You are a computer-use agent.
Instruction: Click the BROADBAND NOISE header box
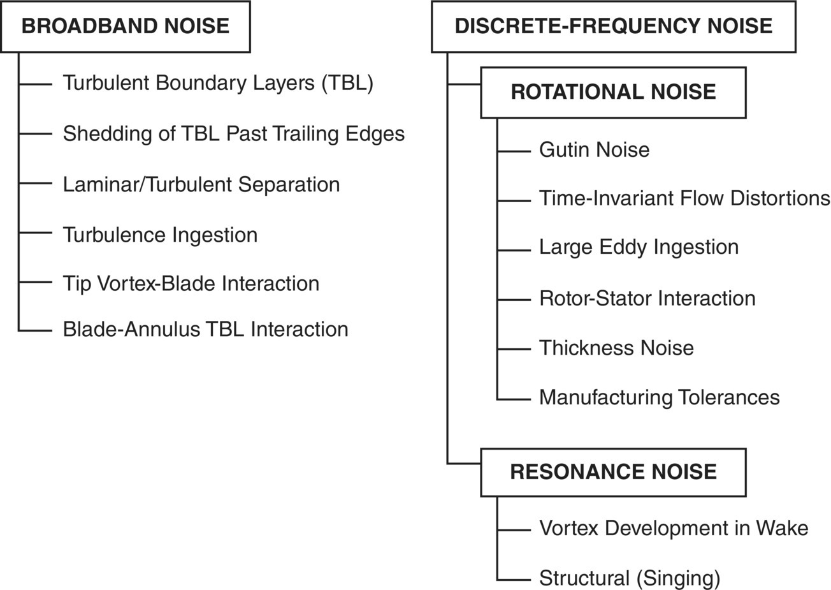tap(125, 26)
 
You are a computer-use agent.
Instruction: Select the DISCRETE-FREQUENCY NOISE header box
tap(613, 26)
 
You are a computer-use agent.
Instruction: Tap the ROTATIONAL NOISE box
tap(613, 92)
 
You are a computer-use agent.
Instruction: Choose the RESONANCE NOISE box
tap(613, 472)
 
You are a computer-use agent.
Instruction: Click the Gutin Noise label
tap(594, 150)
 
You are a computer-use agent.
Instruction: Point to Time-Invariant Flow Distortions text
tap(684, 198)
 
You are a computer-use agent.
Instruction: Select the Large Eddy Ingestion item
tap(639, 247)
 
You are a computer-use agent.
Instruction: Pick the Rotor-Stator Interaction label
tap(647, 299)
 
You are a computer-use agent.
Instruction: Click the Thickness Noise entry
tap(616, 348)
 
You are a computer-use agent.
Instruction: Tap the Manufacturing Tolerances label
tap(659, 397)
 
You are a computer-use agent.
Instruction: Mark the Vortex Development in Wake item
tap(674, 528)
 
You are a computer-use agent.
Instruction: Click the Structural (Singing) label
tap(630, 579)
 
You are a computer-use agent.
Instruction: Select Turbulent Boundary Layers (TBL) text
tap(218, 83)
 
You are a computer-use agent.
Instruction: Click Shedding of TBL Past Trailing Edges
tap(233, 134)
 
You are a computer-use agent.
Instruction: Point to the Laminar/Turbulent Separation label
tap(201, 184)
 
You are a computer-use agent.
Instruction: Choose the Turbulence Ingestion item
tap(160, 235)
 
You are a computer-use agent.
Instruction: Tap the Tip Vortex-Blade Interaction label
tap(191, 284)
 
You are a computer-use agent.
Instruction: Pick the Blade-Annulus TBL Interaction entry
tap(205, 330)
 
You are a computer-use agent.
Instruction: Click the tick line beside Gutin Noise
tap(514, 151)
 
